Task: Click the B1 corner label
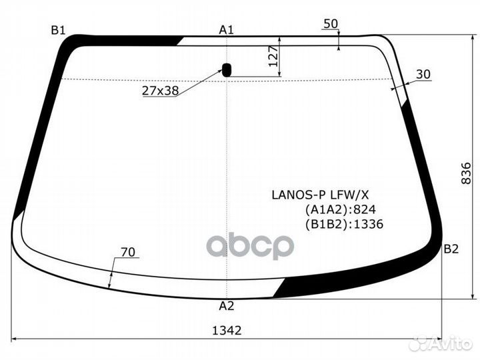coord(58,29)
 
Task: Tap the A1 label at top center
coord(227,29)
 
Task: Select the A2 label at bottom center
coord(227,307)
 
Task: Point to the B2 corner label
coord(451,249)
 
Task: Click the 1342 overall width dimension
coord(227,330)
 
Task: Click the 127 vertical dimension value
coord(271,59)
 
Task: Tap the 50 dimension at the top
coord(330,24)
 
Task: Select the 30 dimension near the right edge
coord(423,75)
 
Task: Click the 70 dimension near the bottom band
coord(128,252)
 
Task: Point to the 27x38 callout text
coord(160,91)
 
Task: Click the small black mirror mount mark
coord(227,69)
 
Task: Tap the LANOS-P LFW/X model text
coord(319,195)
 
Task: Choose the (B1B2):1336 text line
coord(344,225)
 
